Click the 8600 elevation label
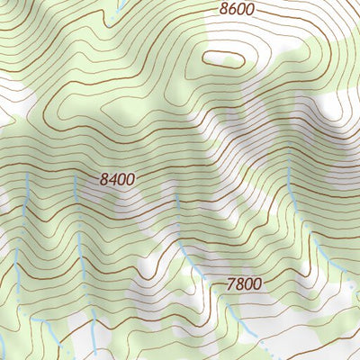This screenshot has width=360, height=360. [237, 10]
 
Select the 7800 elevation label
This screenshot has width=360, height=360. [244, 284]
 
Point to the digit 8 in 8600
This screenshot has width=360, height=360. [223, 10]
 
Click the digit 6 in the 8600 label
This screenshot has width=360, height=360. [232, 10]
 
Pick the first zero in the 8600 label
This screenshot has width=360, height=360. [241, 10]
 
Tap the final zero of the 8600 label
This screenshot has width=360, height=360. [250, 10]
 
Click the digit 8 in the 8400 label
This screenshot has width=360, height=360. [104, 179]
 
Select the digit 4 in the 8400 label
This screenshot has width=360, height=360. [113, 179]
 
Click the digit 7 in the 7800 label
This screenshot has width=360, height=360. [230, 284]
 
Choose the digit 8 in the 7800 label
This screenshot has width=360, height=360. [239, 284]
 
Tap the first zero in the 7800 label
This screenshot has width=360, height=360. [248, 284]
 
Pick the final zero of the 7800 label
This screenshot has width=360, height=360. [257, 284]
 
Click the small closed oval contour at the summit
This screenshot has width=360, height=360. [223, 59]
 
